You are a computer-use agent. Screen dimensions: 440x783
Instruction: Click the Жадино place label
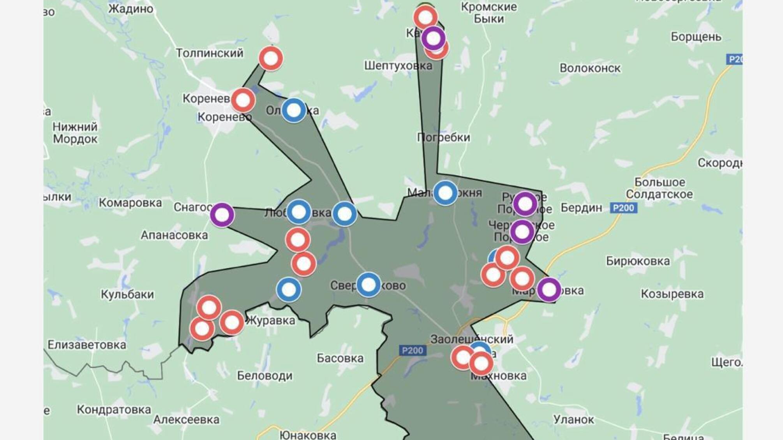130,9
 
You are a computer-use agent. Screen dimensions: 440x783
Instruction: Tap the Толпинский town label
210,53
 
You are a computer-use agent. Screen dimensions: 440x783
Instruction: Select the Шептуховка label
398,65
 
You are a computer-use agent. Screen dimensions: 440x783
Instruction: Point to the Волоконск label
590,68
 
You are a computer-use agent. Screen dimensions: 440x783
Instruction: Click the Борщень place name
696,37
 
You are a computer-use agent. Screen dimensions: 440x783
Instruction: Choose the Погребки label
443,137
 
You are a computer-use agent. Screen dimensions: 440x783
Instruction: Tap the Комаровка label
130,202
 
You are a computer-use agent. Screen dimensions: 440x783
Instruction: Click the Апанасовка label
174,235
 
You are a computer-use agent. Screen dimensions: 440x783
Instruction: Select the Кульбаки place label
127,294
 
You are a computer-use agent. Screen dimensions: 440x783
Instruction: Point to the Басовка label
340,358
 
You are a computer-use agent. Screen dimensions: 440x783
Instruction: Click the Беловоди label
265,375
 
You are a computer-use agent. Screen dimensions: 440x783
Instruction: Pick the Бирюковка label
638,261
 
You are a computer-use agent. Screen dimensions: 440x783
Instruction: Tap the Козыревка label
672,294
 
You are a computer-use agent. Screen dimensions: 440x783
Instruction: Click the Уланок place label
573,419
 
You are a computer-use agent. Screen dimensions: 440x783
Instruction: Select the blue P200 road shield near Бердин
623,208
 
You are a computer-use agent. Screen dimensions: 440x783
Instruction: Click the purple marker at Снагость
222,215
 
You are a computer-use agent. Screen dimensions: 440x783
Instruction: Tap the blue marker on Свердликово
369,285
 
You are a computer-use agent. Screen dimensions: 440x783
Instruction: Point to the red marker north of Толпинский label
271,58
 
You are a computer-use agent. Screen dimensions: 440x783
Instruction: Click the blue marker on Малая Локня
445,193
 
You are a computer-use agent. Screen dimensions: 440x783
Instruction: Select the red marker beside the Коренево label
243,100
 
